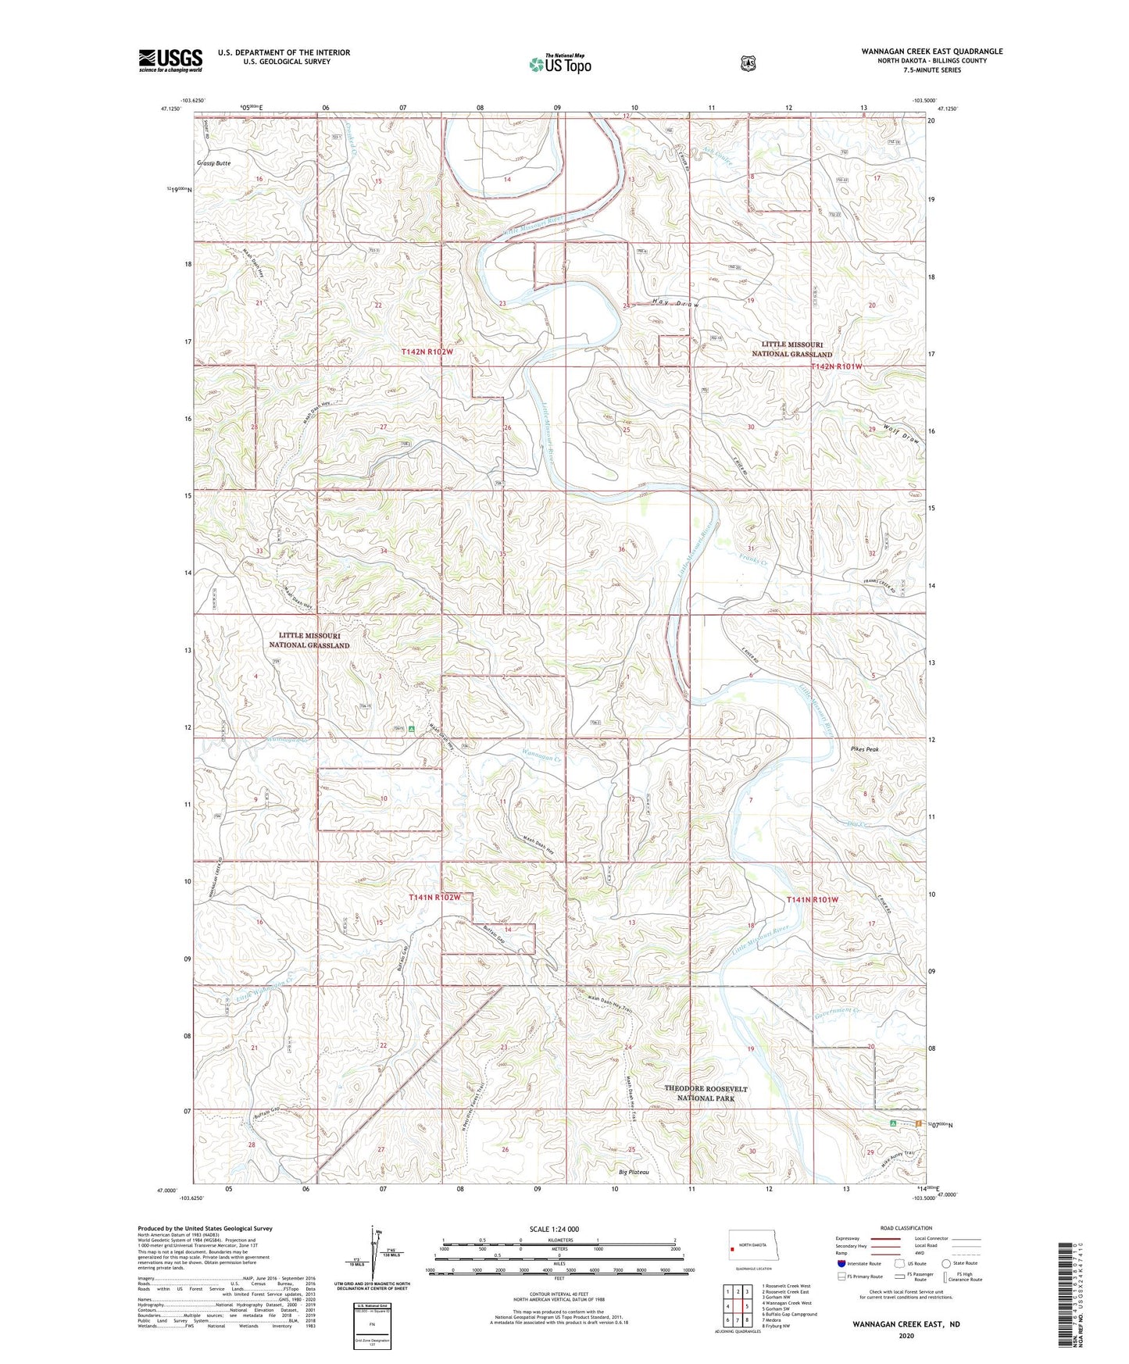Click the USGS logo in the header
[170, 60]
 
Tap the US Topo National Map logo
[559, 63]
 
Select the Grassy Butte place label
[214, 163]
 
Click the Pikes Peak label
[865, 749]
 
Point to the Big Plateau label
[634, 1172]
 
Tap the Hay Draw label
[674, 303]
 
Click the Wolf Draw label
[902, 434]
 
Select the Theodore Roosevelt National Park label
[706, 1093]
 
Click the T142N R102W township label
[427, 352]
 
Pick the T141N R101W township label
[813, 900]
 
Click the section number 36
[622, 550]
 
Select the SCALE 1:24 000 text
[554, 1229]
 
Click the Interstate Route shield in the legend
[841, 1262]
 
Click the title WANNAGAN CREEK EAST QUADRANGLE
[931, 52]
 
